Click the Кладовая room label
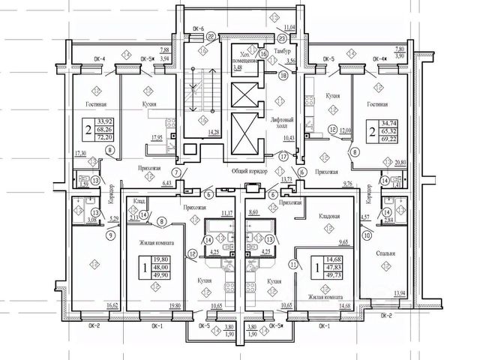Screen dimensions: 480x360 tap(330, 216)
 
